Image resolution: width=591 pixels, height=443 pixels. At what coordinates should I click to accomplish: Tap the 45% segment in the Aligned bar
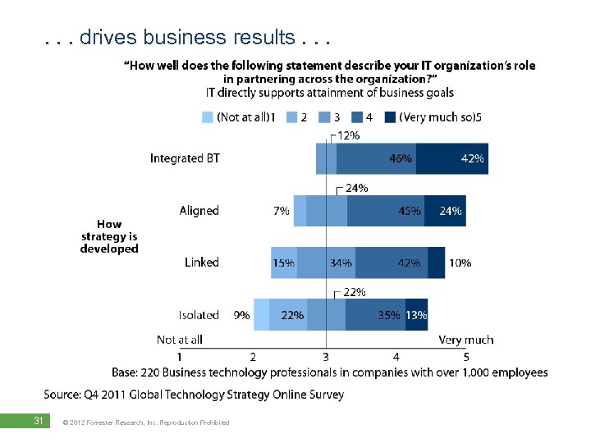[386, 211]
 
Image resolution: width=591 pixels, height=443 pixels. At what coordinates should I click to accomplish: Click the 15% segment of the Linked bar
[284, 263]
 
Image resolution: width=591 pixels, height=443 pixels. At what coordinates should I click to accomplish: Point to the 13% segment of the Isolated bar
[416, 314]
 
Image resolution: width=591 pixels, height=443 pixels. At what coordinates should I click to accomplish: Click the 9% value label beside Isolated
[242, 314]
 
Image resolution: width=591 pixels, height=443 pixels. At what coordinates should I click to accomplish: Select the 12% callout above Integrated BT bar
[348, 135]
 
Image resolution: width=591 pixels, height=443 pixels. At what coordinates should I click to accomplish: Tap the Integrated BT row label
[185, 158]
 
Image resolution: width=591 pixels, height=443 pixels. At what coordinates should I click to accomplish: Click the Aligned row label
[199, 211]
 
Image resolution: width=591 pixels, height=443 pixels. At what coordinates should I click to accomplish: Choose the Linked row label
[202, 263]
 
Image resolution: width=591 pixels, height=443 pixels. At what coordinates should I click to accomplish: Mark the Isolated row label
[199, 314]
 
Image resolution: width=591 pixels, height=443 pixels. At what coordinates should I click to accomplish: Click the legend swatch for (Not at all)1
[208, 117]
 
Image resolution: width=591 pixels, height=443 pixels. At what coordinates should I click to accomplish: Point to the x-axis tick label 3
[326, 357]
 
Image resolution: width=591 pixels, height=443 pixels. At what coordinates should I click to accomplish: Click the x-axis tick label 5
[466, 357]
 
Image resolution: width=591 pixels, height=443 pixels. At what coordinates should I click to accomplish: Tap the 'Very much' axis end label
[466, 340]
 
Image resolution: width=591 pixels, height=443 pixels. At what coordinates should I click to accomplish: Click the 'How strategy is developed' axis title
[109, 236]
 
